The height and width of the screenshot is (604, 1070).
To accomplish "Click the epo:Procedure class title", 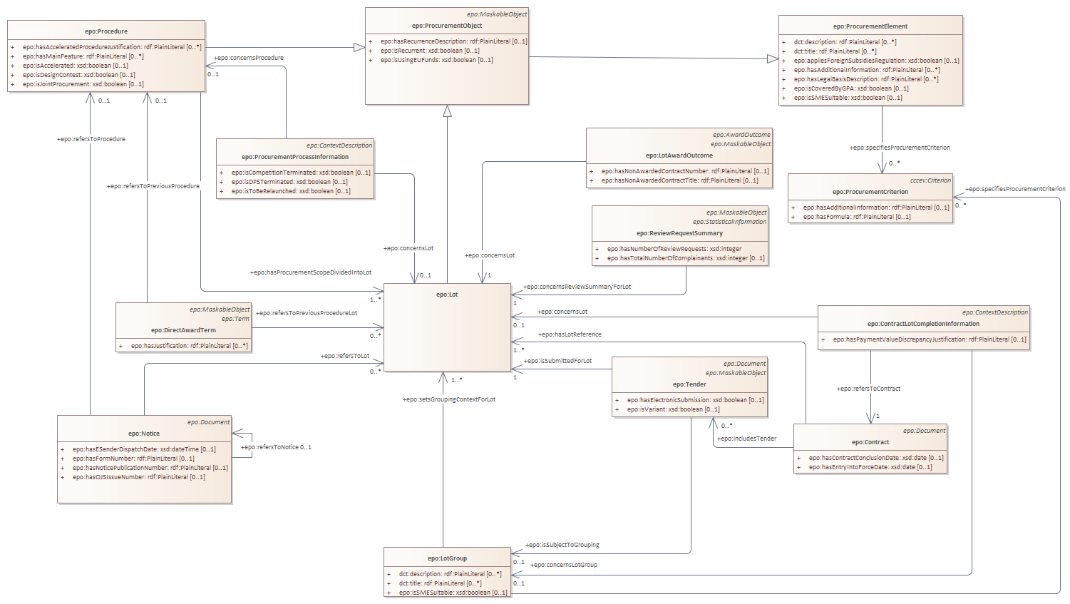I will click(106, 31).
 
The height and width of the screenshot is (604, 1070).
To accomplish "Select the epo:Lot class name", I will click(447, 295).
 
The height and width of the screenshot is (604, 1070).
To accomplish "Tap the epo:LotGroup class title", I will click(447, 558).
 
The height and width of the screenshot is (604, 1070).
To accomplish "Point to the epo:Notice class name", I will click(144, 434).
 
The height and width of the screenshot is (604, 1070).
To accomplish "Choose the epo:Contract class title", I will click(870, 442).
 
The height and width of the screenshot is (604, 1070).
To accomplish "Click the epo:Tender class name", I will click(689, 384).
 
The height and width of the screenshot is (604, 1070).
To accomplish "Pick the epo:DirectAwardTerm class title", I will click(183, 330).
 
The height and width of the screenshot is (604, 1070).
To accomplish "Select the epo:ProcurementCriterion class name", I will click(870, 192).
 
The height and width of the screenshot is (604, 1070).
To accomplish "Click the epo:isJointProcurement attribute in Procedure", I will click(83, 84).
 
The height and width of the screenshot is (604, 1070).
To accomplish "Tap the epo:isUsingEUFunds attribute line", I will click(436, 60).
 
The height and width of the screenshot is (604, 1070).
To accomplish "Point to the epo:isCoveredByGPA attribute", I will click(851, 88).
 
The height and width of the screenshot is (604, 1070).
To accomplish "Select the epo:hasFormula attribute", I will click(856, 217).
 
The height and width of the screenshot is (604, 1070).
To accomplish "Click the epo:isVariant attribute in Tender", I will click(673, 409).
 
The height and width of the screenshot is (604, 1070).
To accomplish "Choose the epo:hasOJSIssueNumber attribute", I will click(138, 477).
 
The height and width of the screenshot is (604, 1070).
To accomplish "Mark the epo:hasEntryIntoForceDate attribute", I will click(870, 467).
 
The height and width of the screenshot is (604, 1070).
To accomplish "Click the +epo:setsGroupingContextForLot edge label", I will click(449, 399).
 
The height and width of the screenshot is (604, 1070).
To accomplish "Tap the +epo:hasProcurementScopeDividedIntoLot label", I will click(311, 272).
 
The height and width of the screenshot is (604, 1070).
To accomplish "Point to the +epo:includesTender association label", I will click(746, 439).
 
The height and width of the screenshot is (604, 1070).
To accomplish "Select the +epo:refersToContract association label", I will click(868, 389).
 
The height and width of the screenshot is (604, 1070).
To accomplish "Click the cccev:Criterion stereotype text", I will click(930, 180).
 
